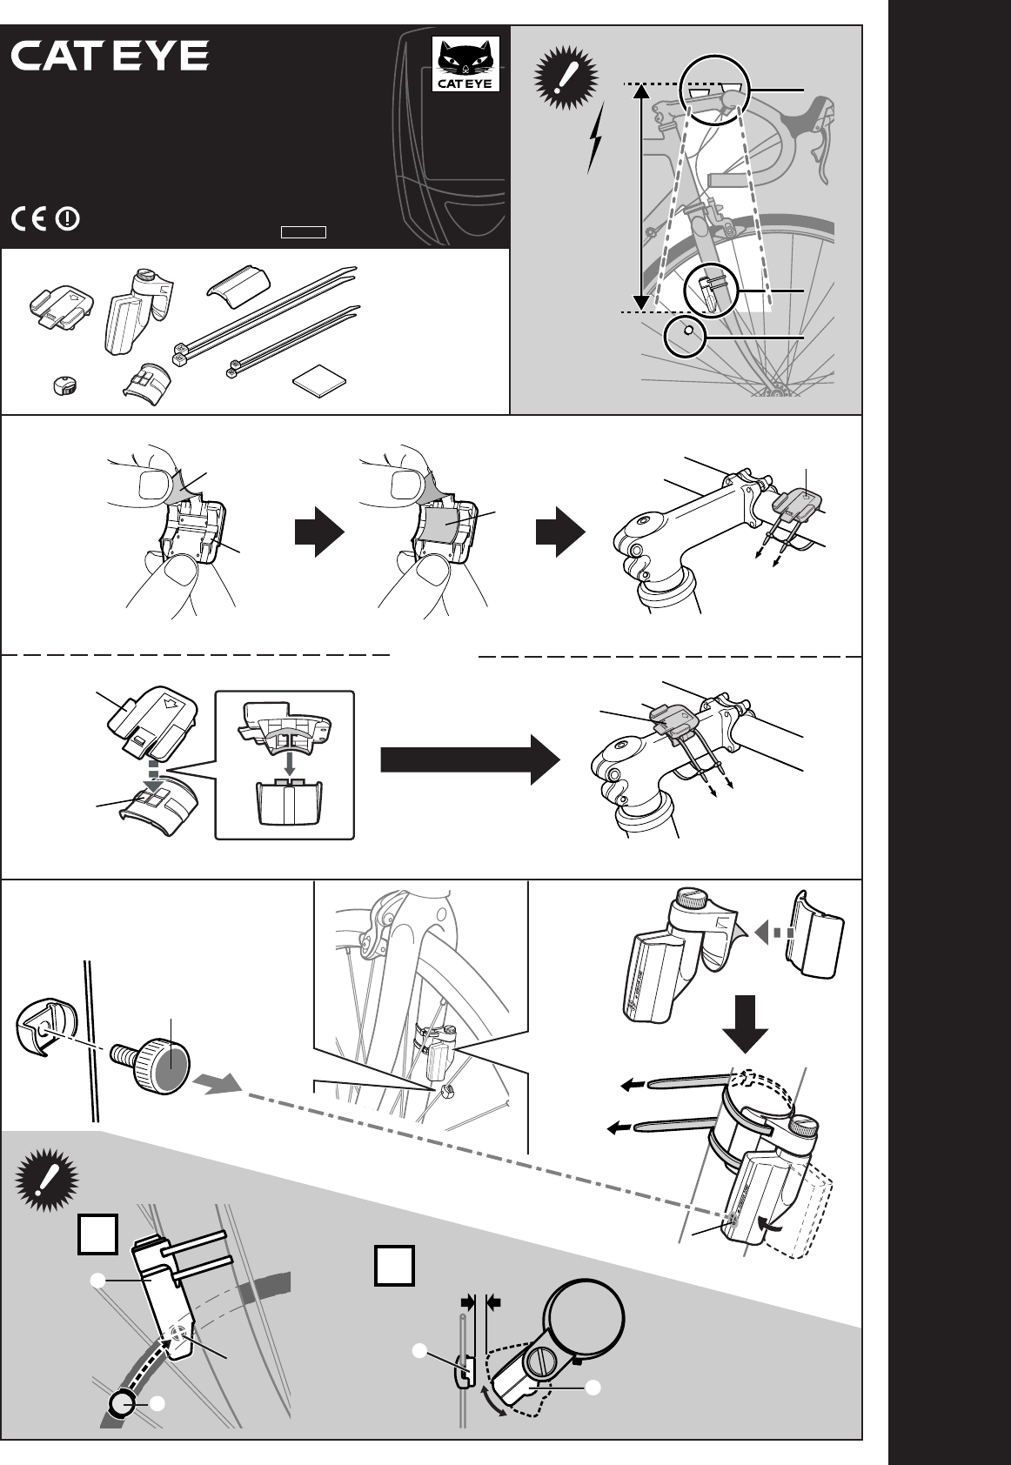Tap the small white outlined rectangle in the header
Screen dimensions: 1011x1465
303,232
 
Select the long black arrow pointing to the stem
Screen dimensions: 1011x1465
470,759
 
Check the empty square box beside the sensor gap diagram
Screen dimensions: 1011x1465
394,1266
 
